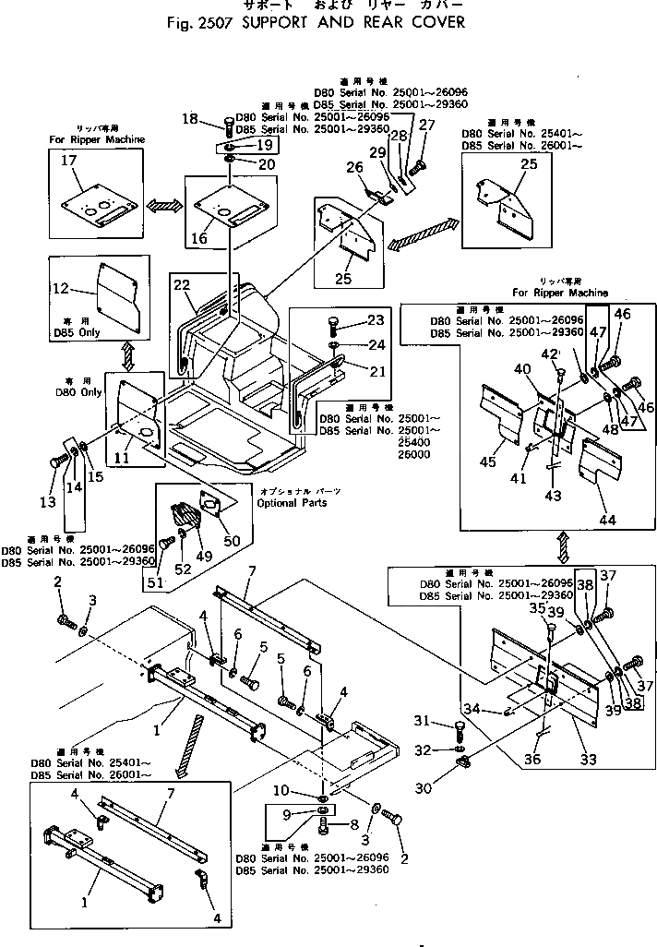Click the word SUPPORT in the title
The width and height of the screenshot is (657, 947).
[x=278, y=21]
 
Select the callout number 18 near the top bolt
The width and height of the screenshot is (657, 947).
[x=189, y=118]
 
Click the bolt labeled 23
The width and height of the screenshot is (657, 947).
[x=333, y=326]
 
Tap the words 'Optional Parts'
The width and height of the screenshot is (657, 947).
[x=294, y=503]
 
